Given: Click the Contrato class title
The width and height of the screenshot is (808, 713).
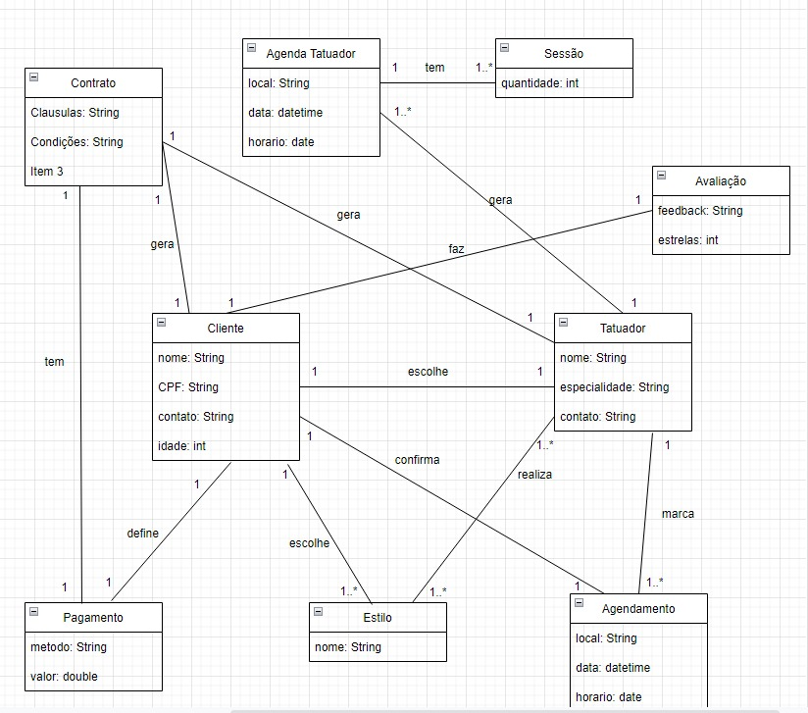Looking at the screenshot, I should click(93, 83).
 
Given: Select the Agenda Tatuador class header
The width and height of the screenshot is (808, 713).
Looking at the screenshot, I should click(311, 53).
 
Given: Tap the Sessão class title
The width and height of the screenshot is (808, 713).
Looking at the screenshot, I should click(563, 53).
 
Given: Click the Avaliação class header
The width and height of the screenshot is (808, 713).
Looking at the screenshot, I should click(721, 180).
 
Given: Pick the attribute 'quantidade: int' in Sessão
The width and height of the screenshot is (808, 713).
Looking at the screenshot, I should click(540, 83).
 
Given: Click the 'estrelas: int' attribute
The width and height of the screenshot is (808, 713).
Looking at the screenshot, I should click(689, 239).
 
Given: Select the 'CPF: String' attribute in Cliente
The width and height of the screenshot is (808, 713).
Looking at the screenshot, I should click(188, 387).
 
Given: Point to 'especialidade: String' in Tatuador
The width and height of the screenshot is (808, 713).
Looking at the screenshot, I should click(614, 387).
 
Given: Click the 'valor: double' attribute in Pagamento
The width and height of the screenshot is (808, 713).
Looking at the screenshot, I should click(65, 676).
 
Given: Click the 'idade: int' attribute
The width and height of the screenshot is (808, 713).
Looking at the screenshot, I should click(182, 446).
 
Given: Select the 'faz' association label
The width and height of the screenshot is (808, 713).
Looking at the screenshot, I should click(456, 249).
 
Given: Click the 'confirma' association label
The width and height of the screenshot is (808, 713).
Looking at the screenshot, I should click(417, 459).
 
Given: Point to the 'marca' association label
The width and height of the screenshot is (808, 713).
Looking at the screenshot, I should click(678, 513).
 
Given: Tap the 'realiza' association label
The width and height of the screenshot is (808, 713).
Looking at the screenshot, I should click(535, 474).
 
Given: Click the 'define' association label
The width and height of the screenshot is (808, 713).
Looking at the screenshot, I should click(142, 533).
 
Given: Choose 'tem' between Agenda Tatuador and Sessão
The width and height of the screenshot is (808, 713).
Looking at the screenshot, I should click(434, 68).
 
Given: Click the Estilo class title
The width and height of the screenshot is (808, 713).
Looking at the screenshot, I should click(378, 618).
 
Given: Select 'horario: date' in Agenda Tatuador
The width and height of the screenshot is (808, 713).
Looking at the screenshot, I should click(281, 142).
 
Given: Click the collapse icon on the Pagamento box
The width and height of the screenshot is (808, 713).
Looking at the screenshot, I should click(34, 610).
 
